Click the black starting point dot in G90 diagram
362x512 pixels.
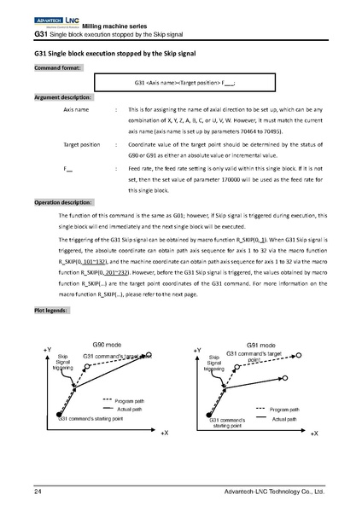tap(64, 411)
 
